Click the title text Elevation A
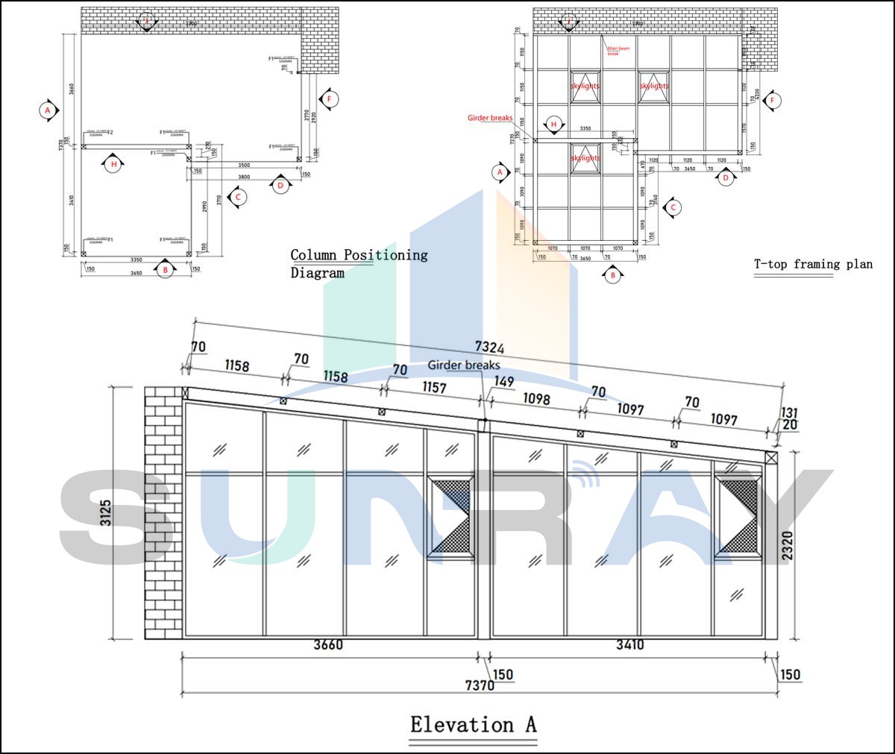[473, 724]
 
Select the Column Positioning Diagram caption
[359, 263]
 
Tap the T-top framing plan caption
[812, 264]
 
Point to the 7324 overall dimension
[489, 348]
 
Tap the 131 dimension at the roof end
[789, 413]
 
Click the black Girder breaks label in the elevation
[463, 365]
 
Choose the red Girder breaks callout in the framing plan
[489, 118]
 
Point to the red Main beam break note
[618, 51]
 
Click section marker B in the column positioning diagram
[165, 270]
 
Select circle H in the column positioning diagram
[113, 164]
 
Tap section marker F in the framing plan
[773, 100]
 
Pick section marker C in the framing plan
[673, 208]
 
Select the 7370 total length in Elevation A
[479, 685]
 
